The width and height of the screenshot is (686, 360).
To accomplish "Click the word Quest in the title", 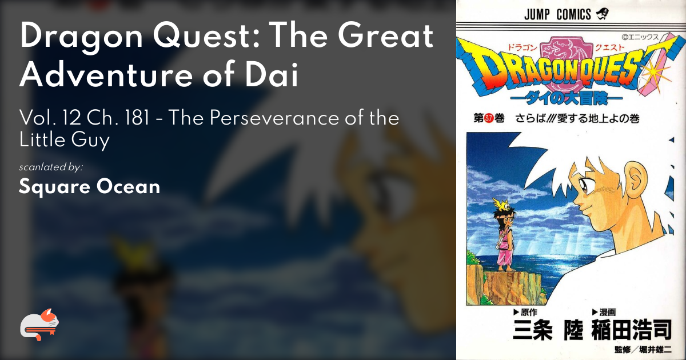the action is pos(206,36).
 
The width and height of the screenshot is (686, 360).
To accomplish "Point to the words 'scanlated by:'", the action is pos(51,167).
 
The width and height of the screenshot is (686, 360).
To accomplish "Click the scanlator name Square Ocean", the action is pos(89,186).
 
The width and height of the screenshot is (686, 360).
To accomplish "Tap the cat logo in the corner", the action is pos(39,325).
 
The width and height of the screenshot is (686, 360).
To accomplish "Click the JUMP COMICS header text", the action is pos(557,14).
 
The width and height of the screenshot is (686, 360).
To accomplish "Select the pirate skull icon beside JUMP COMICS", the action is pos(602,14).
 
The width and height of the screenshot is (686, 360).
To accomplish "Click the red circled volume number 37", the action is pos(488,118).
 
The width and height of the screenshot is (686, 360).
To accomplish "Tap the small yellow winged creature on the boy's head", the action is pos(501,204).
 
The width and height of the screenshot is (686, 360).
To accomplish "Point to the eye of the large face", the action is pos(583,185).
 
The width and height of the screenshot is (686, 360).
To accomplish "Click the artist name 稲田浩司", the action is pos(632,330).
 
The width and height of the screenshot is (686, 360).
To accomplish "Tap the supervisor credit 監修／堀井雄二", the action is pos(643,350).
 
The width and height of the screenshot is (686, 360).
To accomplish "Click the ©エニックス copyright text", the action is pos(640,37).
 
